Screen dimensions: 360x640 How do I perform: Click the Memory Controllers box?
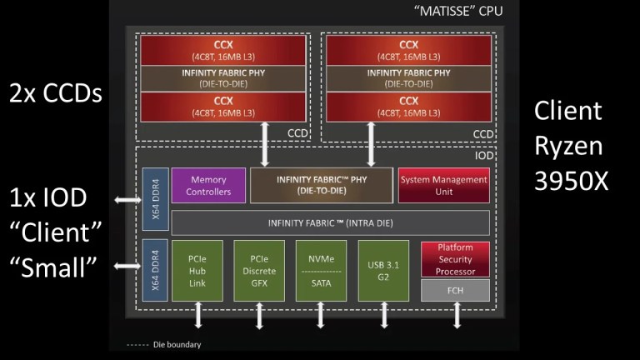208,185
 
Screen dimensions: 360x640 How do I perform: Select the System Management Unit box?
442,185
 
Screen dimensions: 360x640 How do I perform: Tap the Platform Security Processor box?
455,258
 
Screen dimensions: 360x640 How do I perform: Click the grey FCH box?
455,289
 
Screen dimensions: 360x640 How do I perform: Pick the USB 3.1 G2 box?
384,270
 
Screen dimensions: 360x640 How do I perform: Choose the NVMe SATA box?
321,270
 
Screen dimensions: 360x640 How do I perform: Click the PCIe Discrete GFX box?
259,270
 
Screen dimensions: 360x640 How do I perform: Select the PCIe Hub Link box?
197,270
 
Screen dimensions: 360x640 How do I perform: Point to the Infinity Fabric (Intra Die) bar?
329,222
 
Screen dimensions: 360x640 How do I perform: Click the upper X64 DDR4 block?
155,199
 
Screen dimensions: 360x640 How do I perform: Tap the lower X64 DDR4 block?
155,270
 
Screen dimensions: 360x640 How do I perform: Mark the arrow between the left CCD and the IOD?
265,142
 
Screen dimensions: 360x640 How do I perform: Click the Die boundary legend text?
176,343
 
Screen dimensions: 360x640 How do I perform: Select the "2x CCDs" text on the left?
56,93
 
